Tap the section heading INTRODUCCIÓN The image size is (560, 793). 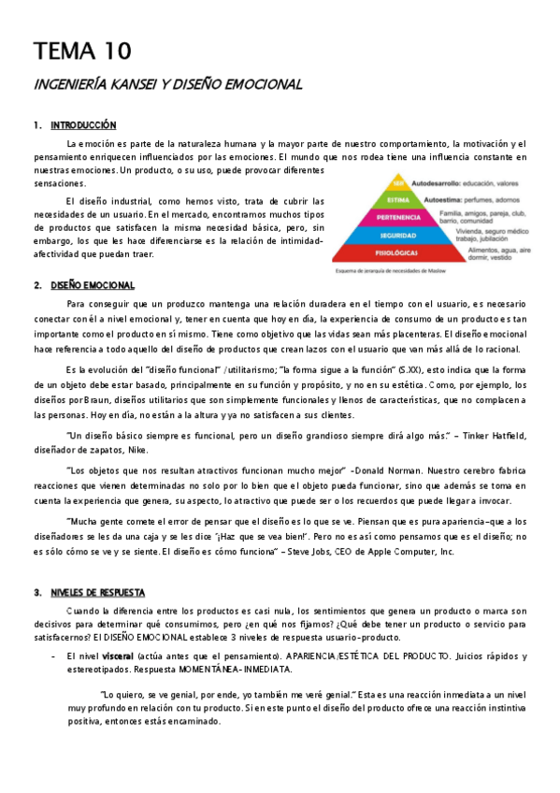click(x=83, y=124)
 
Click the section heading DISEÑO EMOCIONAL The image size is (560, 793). click(x=93, y=285)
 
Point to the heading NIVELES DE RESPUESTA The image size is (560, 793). click(x=97, y=592)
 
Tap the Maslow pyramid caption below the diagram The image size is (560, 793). click(x=394, y=271)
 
